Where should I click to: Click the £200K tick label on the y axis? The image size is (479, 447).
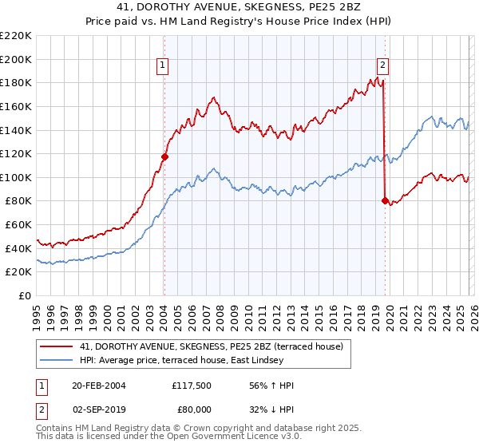pyautogui.click(x=16, y=59)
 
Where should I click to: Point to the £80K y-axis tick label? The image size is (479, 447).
pyautogui.click(x=18, y=201)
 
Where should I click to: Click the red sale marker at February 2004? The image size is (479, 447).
pyautogui.click(x=164, y=157)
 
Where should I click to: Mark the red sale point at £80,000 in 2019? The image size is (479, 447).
pyautogui.click(x=385, y=201)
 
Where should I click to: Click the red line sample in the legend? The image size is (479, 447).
pyautogui.click(x=57, y=346)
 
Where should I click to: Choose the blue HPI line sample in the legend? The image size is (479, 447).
pyautogui.click(x=57, y=360)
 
